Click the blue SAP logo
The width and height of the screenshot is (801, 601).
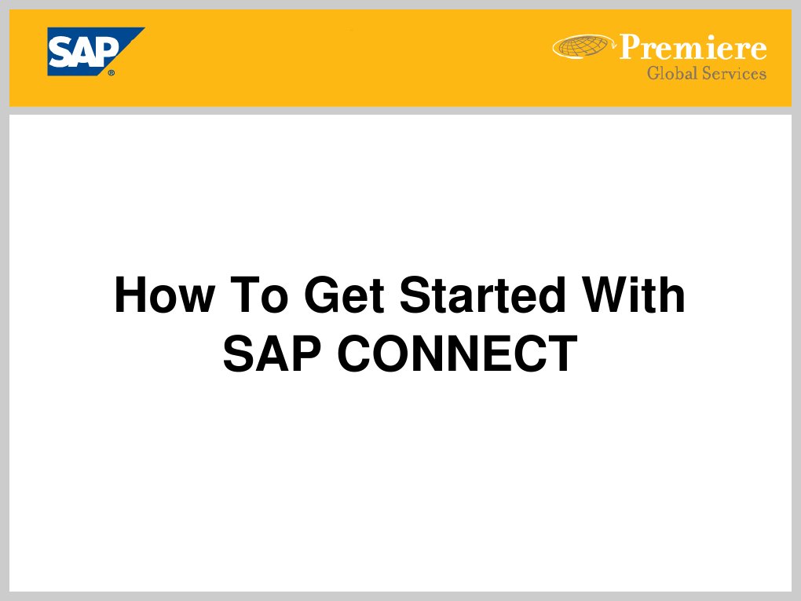coord(93,50)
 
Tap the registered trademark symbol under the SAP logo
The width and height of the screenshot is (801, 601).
coord(112,72)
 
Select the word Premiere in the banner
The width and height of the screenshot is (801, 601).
coord(693,48)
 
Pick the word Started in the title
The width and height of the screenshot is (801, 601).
coord(481,295)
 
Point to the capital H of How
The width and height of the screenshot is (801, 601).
coord(129,295)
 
